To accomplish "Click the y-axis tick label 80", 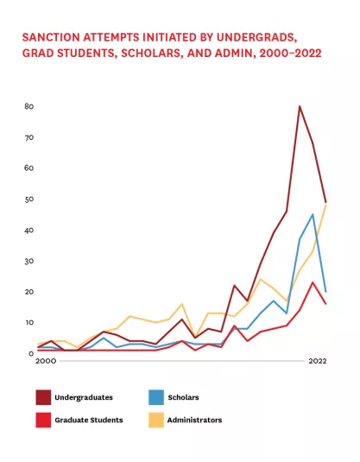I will point(29,106).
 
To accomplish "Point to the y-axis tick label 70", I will point(29,137).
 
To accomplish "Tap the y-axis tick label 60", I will point(29,168).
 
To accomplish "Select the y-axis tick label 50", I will point(29,199).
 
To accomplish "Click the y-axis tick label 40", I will point(29,231).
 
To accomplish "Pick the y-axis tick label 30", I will point(29,261).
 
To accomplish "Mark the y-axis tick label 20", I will point(29,292).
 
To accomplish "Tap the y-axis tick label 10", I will point(29,323).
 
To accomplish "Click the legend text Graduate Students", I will point(89,420).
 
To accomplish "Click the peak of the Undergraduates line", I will point(300,106).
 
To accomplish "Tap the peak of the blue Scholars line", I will point(313,214).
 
